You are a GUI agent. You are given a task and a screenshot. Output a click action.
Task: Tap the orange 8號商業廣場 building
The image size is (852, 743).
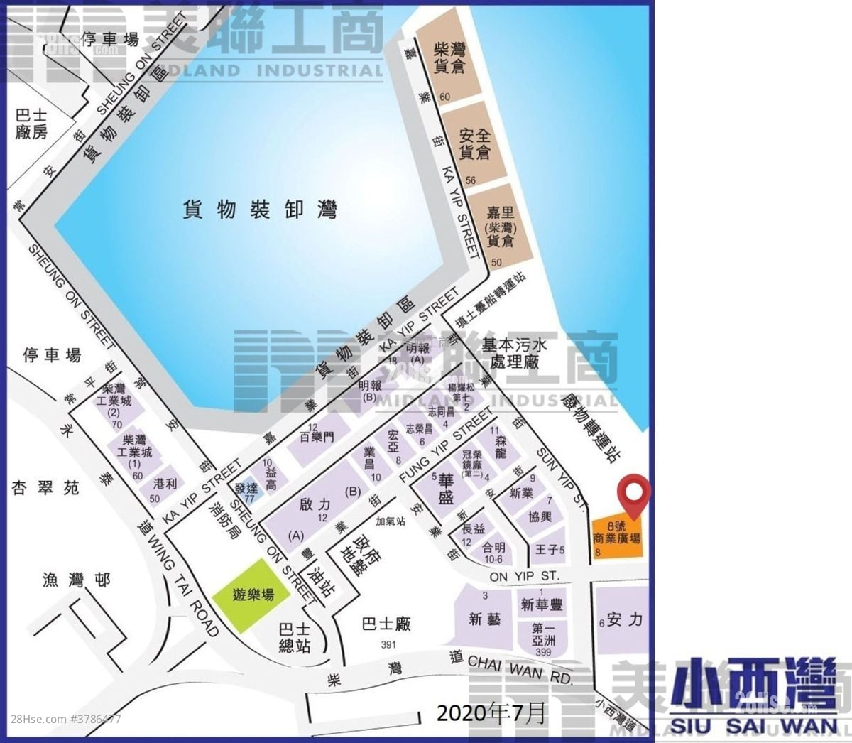coord(616,537)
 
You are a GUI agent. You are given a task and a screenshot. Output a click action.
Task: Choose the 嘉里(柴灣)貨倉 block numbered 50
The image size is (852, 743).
coord(500,227)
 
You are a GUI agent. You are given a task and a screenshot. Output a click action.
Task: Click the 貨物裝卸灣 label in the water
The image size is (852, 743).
coord(259,210)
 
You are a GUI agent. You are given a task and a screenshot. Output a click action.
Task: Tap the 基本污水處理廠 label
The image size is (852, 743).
coord(515,353)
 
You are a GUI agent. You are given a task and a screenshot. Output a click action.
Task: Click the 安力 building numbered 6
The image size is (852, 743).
coord(622,619)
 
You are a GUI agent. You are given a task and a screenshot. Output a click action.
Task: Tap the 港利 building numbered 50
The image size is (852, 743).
coord(165,486)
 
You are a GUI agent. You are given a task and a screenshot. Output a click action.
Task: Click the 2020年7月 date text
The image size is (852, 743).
coord(491,712)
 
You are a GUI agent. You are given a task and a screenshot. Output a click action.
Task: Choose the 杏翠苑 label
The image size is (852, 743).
coord(45,488)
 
